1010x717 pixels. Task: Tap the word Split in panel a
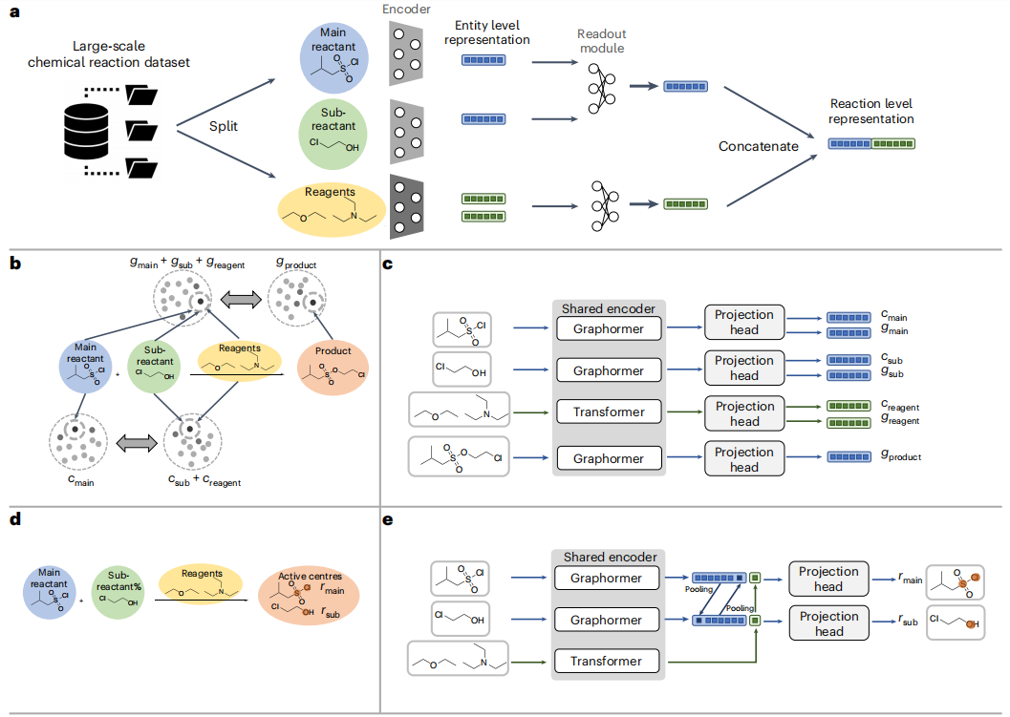tap(226, 126)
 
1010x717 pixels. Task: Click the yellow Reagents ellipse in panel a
tap(331, 208)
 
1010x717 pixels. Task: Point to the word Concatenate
tap(760, 146)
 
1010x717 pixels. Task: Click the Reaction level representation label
tap(870, 112)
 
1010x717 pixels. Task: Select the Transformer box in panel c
tap(609, 412)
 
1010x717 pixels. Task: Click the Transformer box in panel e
tap(608, 661)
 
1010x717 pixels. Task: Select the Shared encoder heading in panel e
tap(608, 557)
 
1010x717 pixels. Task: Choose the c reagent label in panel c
tap(901, 407)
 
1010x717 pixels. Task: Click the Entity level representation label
tap(486, 33)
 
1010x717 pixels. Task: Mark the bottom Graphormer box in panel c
tap(609, 459)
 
